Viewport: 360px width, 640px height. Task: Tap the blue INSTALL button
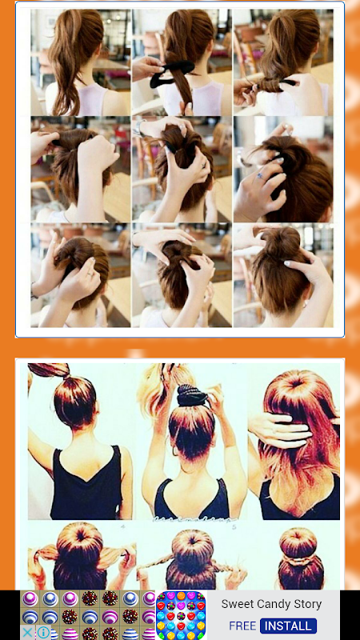(288, 626)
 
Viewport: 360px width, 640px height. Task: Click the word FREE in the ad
(242, 626)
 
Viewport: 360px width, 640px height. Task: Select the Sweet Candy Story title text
(271, 604)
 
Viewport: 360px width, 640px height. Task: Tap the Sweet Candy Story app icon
(181, 615)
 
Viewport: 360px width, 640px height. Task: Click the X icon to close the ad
(27, 633)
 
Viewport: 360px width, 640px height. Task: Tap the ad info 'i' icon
(43, 633)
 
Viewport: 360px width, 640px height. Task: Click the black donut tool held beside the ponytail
(171, 74)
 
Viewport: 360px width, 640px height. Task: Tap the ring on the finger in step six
(258, 175)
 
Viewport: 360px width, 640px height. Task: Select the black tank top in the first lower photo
(86, 484)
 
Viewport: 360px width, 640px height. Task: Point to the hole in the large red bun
(296, 383)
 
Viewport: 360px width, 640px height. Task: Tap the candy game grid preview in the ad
(88, 615)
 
